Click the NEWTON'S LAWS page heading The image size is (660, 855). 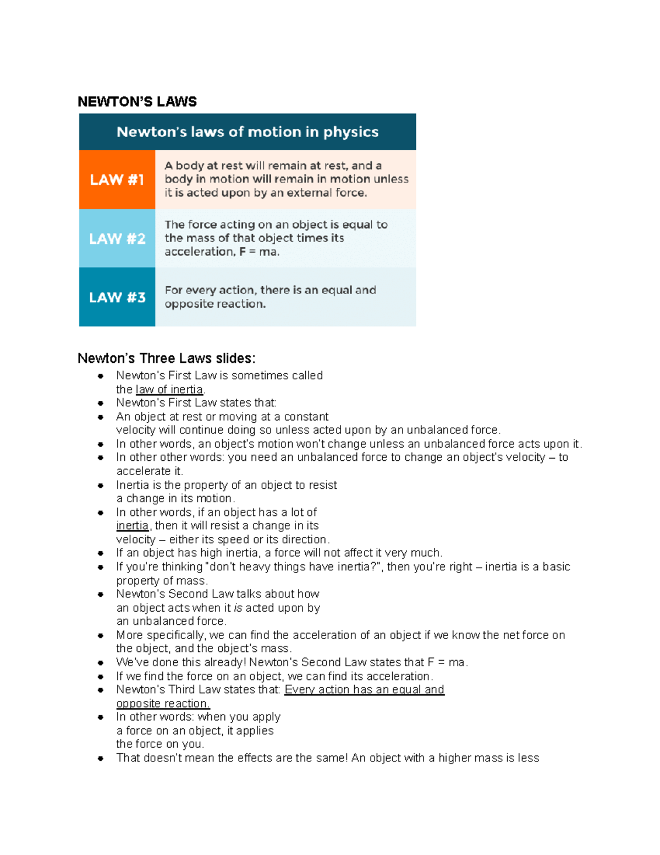click(x=137, y=102)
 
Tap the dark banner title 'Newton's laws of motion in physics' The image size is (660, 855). click(x=248, y=132)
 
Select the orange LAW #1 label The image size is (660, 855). click(x=117, y=179)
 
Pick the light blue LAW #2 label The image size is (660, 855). click(x=117, y=238)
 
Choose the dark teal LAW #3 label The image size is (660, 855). click(x=117, y=297)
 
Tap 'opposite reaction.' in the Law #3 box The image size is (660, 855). click(x=215, y=304)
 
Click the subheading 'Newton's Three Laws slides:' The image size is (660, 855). click(x=166, y=358)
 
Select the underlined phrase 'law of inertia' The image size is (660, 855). click(x=169, y=389)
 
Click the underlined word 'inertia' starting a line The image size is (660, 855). click(x=132, y=526)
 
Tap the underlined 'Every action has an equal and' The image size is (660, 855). click(x=364, y=690)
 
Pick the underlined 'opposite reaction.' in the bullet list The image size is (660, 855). click(x=163, y=704)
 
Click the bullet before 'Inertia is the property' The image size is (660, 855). click(x=101, y=486)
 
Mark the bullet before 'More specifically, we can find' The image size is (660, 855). click(x=101, y=635)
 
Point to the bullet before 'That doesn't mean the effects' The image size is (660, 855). click(x=101, y=759)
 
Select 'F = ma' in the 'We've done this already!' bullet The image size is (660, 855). click(x=446, y=662)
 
